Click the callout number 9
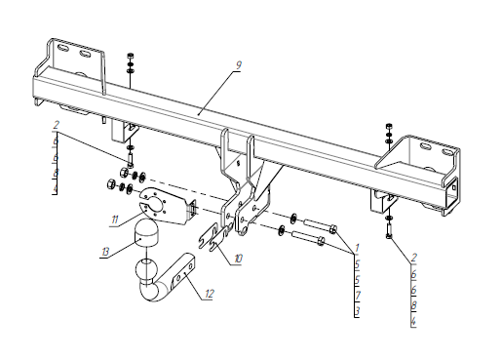[238, 65]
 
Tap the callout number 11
[114, 220]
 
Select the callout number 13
[105, 252]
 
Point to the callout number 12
[210, 294]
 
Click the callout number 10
[238, 259]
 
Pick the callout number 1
[357, 248]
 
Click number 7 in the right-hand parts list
[358, 296]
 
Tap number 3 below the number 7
[358, 311]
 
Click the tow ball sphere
[146, 268]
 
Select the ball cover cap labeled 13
[144, 233]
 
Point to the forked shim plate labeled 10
[213, 238]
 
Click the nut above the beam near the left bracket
[130, 55]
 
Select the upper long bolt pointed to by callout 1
[321, 226]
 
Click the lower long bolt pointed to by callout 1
[309, 237]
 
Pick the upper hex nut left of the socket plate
[124, 172]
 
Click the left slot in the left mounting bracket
[62, 49]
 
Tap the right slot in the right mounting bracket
[447, 152]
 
